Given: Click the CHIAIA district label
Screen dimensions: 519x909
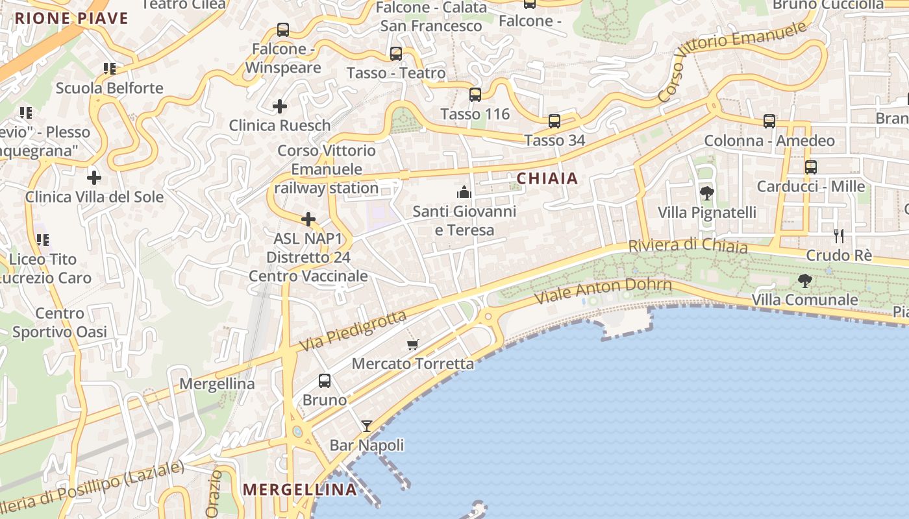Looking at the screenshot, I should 547,178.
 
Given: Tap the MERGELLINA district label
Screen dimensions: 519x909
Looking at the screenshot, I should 300,489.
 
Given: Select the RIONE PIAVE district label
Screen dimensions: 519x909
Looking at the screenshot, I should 71,18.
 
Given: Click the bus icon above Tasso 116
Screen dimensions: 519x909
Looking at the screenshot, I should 475,95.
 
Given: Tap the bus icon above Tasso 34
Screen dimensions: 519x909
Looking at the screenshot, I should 554,121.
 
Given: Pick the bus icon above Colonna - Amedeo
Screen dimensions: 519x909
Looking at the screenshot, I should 769,121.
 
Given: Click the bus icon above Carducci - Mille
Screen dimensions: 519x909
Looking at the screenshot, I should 811,167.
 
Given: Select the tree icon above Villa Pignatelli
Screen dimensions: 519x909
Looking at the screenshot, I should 707,193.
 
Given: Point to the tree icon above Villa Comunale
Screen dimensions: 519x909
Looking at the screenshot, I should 805,281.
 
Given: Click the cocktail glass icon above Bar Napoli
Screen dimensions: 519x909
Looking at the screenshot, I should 367,426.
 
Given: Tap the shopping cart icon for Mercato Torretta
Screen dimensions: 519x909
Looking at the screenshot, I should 413,344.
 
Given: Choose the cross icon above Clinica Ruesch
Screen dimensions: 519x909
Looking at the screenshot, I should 280,106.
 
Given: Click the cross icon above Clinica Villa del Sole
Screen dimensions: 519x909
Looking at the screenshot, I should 94,178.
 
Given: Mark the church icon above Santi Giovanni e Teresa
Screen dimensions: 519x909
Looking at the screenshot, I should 464,192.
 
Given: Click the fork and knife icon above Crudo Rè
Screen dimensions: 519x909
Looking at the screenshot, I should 839,235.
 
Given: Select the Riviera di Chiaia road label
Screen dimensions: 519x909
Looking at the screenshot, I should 688,246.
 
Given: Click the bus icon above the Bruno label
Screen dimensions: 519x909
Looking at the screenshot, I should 325,381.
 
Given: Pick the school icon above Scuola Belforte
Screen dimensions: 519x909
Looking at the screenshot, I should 109,69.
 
